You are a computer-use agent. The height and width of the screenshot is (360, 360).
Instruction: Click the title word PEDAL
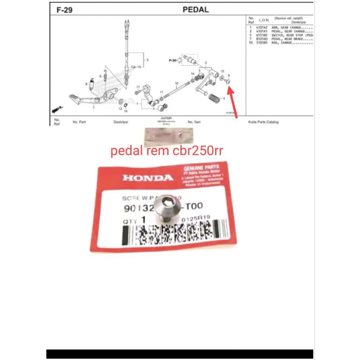(196, 9)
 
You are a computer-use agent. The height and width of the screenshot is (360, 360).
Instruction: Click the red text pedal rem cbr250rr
(166, 152)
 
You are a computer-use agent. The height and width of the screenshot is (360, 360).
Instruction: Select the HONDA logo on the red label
(148, 178)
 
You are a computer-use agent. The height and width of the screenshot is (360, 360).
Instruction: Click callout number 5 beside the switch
(147, 59)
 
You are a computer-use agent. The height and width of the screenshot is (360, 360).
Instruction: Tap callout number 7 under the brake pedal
(94, 108)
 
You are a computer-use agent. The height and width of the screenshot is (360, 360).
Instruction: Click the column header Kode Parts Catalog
(263, 122)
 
